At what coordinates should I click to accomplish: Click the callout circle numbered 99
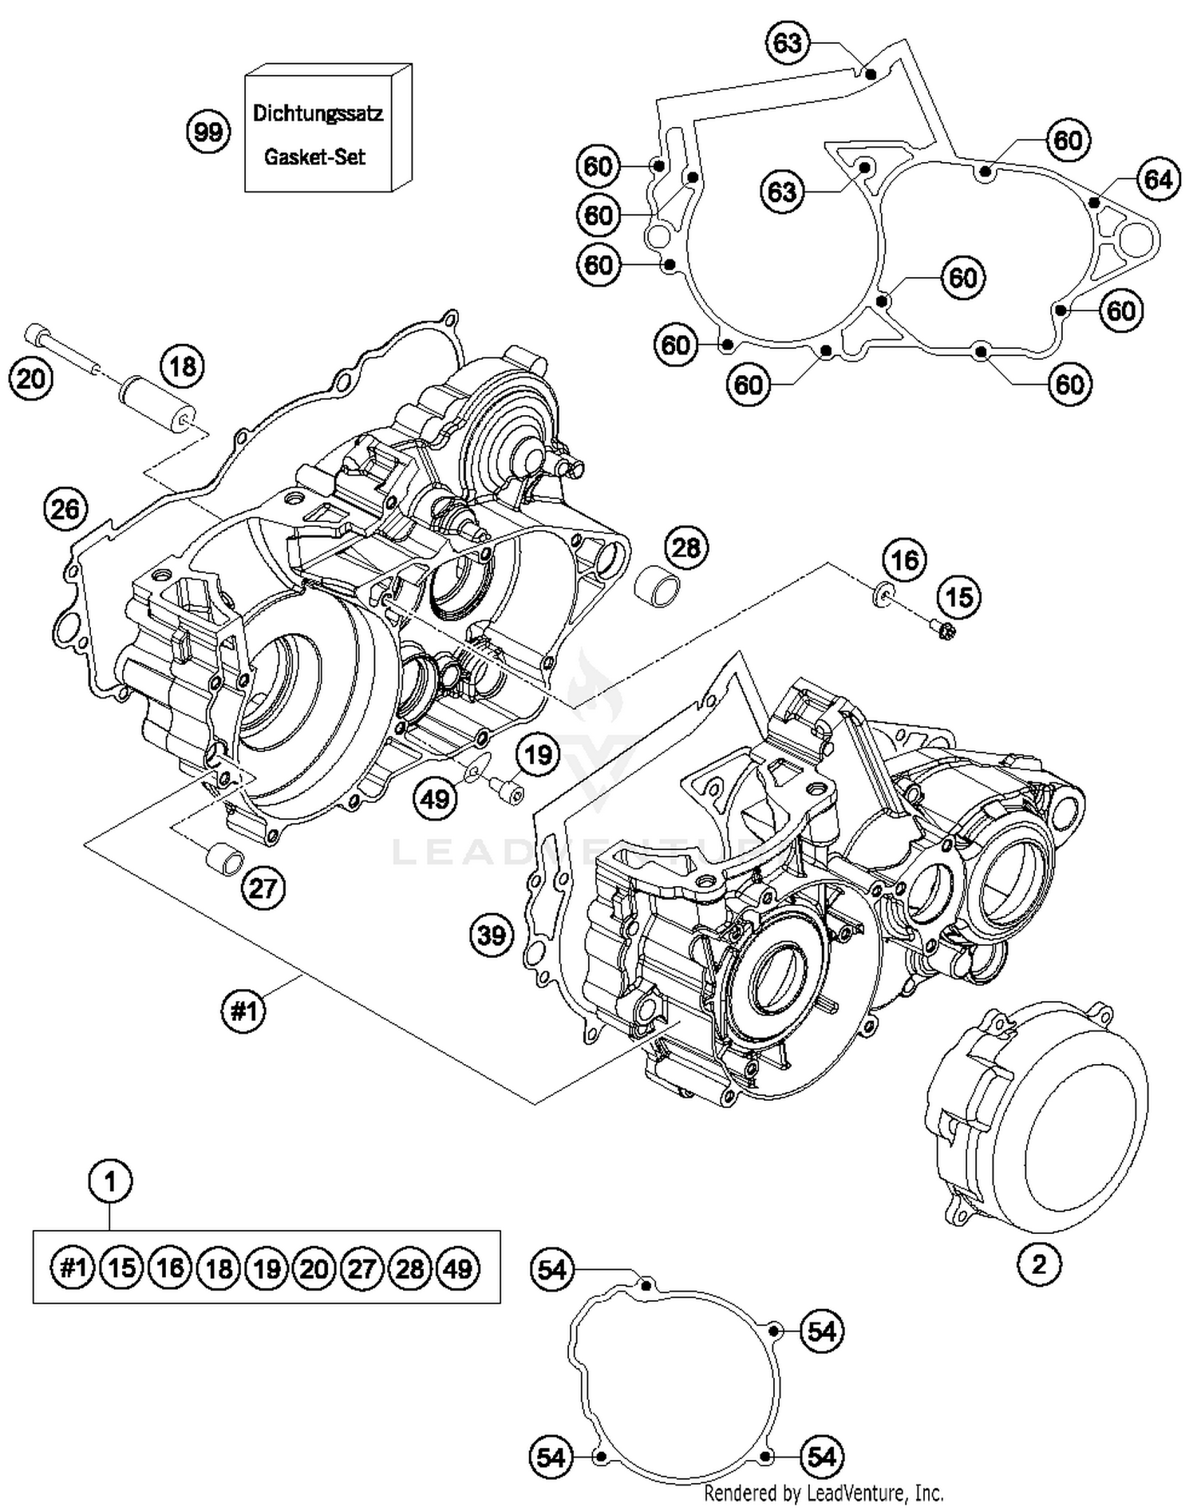point(208,131)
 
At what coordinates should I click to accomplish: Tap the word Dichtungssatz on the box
point(318,113)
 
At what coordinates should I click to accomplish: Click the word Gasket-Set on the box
point(314,157)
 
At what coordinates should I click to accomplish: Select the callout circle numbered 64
point(1158,180)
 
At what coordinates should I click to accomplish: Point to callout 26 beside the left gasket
point(65,508)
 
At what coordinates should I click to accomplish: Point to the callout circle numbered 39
point(492,935)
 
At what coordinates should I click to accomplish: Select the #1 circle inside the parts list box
point(73,1268)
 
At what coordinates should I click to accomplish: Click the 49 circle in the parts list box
point(458,1268)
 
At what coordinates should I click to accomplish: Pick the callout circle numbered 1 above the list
point(109,1181)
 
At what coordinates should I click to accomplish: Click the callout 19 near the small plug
point(539,754)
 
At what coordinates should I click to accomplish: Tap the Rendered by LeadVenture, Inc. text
point(823,1492)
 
